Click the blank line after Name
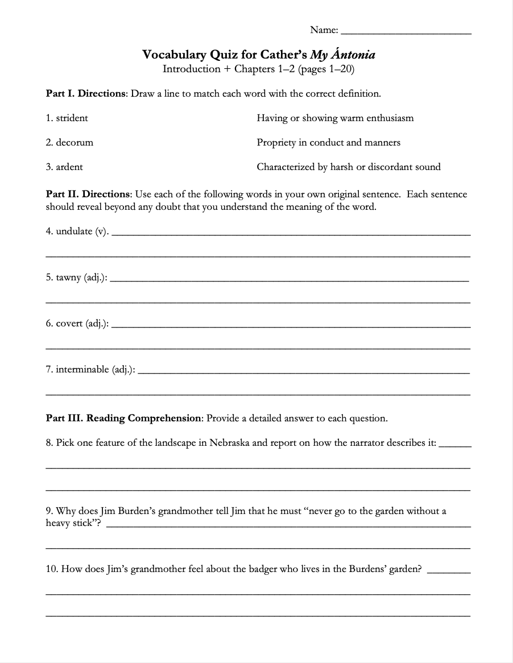pyautogui.click(x=406, y=32)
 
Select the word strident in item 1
pyautogui.click(x=72, y=118)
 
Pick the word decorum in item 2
pyautogui.click(x=75, y=143)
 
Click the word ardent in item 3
pyautogui.click(x=69, y=167)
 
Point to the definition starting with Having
pyautogui.click(x=335, y=118)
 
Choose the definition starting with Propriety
pyautogui.click(x=328, y=143)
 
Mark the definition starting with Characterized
pyautogui.click(x=348, y=167)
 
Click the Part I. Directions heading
pyautogui.click(x=87, y=93)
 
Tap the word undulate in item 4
pyautogui.click(x=74, y=232)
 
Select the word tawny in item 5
pyautogui.click(x=68, y=278)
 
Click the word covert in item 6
pyautogui.click(x=69, y=324)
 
